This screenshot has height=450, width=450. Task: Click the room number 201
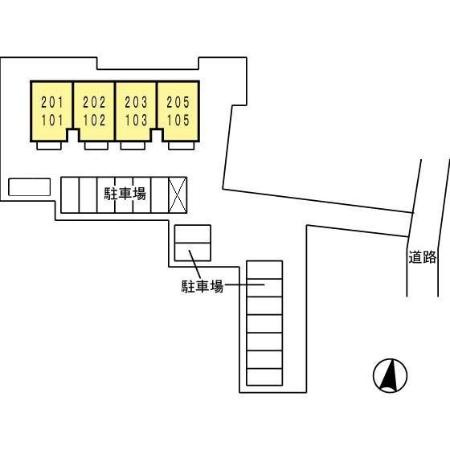[52, 102]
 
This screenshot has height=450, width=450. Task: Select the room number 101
[52, 120]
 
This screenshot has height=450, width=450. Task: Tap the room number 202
[94, 102]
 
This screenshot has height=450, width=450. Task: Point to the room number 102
[94, 120]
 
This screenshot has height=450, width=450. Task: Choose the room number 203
[136, 102]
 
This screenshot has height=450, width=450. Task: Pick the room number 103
[136, 120]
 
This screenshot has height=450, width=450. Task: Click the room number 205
[178, 102]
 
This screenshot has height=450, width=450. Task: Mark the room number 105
[178, 120]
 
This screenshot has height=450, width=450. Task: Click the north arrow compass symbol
[390, 375]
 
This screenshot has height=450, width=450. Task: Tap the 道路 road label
[422, 257]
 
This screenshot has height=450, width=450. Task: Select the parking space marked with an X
[177, 195]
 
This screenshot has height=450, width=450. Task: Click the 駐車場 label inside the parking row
[125, 194]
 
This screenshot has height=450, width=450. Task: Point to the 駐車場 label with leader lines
[202, 286]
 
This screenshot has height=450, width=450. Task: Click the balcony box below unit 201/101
[49, 146]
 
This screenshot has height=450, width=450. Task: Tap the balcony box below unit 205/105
[181, 146]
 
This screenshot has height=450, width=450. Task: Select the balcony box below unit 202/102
[96, 146]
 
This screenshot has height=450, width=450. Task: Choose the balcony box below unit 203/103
[133, 146]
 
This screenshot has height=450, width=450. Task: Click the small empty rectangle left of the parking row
[29, 187]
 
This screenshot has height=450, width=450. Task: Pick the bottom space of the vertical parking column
[265, 377]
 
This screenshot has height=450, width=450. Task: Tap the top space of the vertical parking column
[265, 270]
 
